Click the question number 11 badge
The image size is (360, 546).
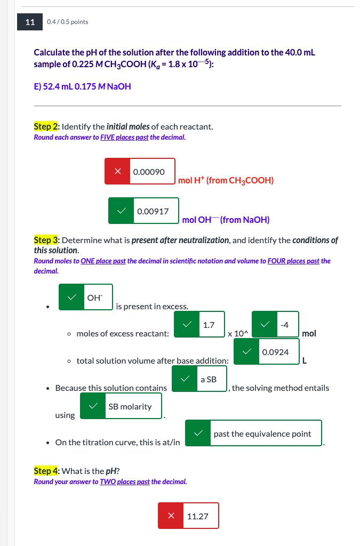point(30,22)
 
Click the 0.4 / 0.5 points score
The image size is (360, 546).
point(68,22)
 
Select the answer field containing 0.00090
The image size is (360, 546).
point(152,172)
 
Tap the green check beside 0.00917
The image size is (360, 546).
point(121,211)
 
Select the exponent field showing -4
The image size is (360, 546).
point(286,325)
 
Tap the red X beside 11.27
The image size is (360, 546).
point(171,516)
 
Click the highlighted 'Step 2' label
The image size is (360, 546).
point(46,126)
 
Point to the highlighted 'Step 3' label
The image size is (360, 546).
point(46,240)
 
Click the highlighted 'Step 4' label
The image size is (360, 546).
point(46,471)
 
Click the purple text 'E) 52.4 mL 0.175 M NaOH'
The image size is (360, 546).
point(82,86)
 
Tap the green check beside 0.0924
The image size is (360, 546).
point(247,352)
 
